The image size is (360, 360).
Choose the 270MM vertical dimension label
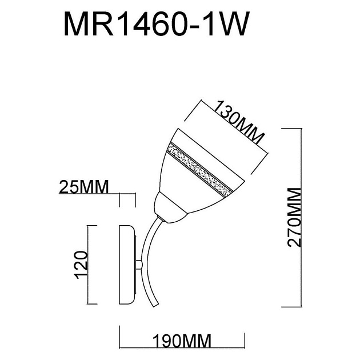click(x=294, y=217)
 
